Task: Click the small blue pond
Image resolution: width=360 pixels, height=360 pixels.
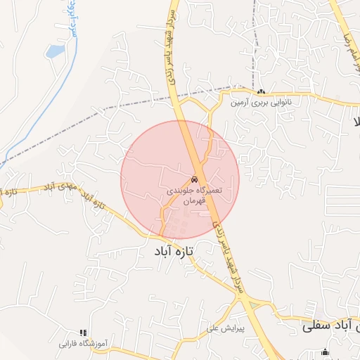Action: [54, 51]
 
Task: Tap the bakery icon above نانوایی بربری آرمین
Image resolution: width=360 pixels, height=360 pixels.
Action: [261, 91]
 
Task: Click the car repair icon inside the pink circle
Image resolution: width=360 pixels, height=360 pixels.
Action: [194, 179]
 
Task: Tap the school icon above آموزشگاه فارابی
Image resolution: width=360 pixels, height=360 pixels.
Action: [83, 333]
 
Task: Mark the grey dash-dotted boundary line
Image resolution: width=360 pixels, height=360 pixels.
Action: [105, 109]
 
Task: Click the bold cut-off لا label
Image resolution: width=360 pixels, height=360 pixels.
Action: [356, 121]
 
